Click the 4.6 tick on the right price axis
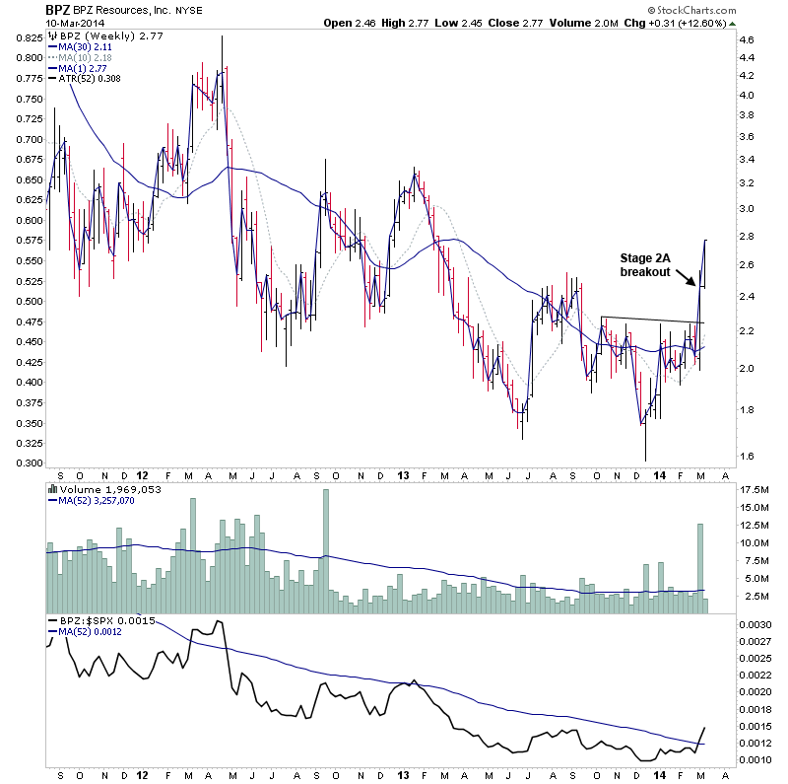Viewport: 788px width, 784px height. point(746,39)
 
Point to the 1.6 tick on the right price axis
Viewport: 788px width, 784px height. point(746,456)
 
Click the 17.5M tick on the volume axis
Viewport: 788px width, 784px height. point(754,489)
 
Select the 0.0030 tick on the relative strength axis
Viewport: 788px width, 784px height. point(755,625)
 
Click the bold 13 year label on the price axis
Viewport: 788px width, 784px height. point(403,474)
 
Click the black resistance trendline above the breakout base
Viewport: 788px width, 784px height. point(650,320)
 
